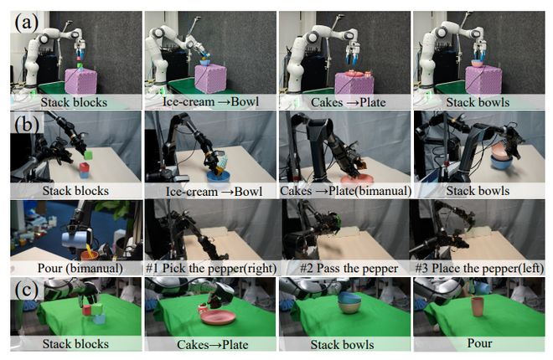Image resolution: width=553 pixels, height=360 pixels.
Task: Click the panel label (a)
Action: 26,23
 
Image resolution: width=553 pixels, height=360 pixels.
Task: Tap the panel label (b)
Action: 27,125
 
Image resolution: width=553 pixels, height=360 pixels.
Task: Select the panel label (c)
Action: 27,291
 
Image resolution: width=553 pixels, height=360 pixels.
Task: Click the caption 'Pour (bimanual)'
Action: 80,268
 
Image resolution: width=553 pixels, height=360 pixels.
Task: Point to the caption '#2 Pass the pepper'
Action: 349,269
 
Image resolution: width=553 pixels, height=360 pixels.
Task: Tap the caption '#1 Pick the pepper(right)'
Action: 211,269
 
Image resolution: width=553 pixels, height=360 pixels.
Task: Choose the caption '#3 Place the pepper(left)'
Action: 479,269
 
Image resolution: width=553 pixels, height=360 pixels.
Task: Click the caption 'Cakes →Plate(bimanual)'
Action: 345,191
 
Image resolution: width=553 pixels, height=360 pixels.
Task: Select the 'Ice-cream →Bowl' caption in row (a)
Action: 210,102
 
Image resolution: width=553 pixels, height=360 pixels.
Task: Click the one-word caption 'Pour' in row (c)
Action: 479,343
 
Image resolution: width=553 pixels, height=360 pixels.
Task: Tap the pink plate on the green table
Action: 219,317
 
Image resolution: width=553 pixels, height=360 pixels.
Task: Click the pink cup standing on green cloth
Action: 478,306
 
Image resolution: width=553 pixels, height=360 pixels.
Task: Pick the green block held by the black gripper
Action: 88,155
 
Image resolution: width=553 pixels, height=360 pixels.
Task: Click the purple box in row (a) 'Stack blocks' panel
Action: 80,80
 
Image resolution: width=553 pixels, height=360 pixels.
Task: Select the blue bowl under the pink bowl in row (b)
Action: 501,162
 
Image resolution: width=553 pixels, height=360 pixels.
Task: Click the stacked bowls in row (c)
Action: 349,302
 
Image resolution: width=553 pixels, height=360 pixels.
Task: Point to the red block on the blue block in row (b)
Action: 85,167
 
